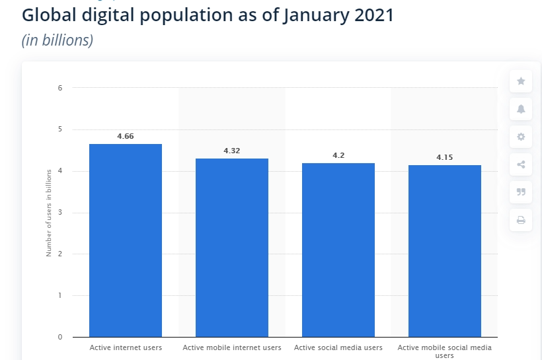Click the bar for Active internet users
(x=126, y=240)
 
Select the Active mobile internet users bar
(x=232, y=248)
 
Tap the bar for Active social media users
(x=338, y=250)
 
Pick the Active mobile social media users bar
(x=445, y=251)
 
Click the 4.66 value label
(x=126, y=136)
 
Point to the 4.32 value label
(x=232, y=151)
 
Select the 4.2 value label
(x=338, y=155)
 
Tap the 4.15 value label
(x=445, y=157)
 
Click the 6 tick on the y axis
(x=59, y=88)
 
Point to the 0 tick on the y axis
(x=59, y=337)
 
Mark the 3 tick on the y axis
(x=59, y=213)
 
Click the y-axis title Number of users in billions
(x=49, y=213)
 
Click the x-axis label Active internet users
(x=126, y=347)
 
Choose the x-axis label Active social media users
(x=338, y=347)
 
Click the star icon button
(x=521, y=81)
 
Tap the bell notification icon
(x=521, y=109)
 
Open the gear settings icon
(x=521, y=137)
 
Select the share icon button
(x=521, y=164)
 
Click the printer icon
(x=521, y=220)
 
